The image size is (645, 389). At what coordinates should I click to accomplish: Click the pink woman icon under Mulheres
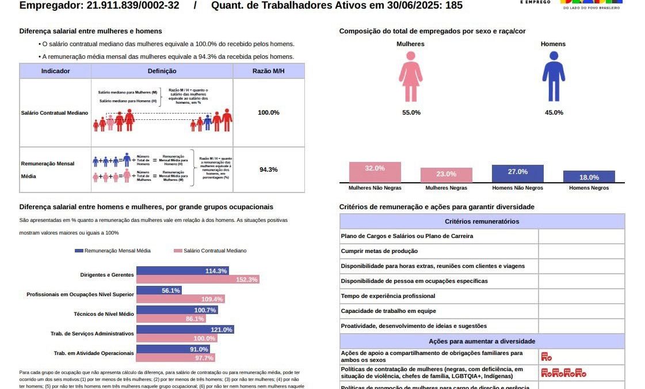pyautogui.click(x=410, y=77)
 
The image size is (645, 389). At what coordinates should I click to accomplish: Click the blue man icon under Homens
pyautogui.click(x=554, y=77)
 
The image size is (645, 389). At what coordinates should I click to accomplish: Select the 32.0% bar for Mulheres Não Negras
pyautogui.click(x=375, y=172)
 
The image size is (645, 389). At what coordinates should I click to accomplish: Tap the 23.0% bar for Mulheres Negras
pyautogui.click(x=446, y=175)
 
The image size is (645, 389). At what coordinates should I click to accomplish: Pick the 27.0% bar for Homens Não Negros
pyautogui.click(x=517, y=173)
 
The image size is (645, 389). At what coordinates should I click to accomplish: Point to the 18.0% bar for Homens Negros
pyautogui.click(x=589, y=176)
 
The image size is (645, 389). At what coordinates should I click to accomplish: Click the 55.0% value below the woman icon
pyautogui.click(x=411, y=112)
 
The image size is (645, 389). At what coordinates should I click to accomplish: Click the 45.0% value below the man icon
pyautogui.click(x=554, y=112)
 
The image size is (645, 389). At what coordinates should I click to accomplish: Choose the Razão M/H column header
pyautogui.click(x=268, y=71)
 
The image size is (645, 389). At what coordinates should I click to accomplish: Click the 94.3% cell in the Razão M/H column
pyautogui.click(x=268, y=169)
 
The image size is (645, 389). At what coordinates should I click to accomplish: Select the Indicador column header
pyautogui.click(x=56, y=71)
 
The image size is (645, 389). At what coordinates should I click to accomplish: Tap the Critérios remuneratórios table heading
pyautogui.click(x=482, y=221)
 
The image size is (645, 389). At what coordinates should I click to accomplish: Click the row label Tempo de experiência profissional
pyautogui.click(x=388, y=296)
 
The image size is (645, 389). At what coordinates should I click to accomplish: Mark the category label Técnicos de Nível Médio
pyautogui.click(x=104, y=314)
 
